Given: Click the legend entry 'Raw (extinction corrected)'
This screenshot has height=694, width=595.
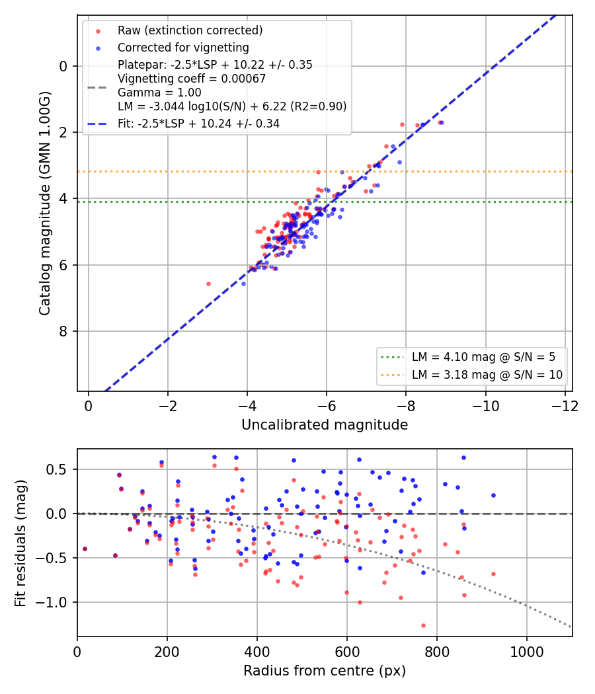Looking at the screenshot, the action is coord(190,30).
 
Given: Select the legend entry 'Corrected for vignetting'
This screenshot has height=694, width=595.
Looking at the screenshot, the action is coord(183,48).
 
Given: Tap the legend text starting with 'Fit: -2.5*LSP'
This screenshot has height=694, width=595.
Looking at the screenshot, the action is coord(198,124).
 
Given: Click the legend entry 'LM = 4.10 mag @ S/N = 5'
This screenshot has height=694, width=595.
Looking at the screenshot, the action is coord(483,357).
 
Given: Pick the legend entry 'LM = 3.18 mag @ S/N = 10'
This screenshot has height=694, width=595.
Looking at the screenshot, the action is coord(487,375).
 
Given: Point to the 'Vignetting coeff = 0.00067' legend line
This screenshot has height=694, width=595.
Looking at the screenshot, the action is coord(192,79).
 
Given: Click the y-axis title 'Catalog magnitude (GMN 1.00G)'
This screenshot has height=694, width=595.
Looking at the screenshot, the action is coord(45,204).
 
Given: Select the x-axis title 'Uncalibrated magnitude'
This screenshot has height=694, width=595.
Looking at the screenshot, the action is coord(325,425).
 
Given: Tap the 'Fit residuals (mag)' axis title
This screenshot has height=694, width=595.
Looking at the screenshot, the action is coord(20,543).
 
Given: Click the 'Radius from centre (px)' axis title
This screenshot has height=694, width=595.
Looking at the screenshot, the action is coord(325,671).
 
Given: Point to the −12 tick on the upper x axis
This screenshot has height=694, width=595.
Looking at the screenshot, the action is coord(565,406).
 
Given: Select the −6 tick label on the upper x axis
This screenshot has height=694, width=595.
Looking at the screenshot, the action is coord(327,406).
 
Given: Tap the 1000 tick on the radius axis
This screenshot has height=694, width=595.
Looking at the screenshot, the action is coord(527,652).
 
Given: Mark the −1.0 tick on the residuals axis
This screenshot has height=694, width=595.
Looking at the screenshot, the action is coord(52,602).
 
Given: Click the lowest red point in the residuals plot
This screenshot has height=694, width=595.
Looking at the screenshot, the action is coord(423,626).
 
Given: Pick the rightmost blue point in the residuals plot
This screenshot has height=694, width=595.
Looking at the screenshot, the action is coord(494,496).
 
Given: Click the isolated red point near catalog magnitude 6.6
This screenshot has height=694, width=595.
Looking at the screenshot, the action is coord(208,284).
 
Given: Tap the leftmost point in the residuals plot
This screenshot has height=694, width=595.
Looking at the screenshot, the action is coord(85,549).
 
